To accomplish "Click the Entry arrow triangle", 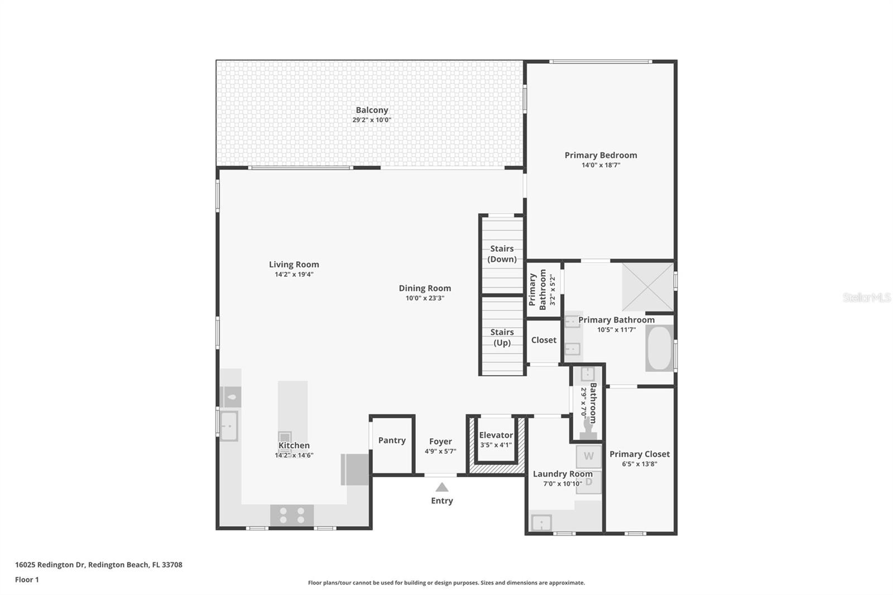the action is tap(441, 487).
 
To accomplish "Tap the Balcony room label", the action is tap(372, 110).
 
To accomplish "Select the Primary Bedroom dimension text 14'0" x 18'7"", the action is tap(601, 165).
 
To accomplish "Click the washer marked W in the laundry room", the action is tap(588, 456).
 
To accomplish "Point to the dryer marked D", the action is tap(588, 482).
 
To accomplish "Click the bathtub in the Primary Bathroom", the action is tap(659, 348).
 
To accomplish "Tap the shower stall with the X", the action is tap(648, 287).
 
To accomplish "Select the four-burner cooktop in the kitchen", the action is tap(292, 515).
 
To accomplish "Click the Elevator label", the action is tap(496, 435).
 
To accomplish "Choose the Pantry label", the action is tap(392, 440).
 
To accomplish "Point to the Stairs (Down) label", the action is tap(502, 254).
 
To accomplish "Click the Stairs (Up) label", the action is tap(502, 337).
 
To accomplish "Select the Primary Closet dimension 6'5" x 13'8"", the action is tap(640, 464).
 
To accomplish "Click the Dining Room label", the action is tap(425, 289).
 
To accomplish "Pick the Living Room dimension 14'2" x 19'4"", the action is tap(294, 275).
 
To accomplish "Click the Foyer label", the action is tap(440, 442).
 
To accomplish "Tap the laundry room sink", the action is tap(541, 523).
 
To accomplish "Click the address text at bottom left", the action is tap(98, 565).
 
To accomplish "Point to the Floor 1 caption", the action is tap(27, 580).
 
